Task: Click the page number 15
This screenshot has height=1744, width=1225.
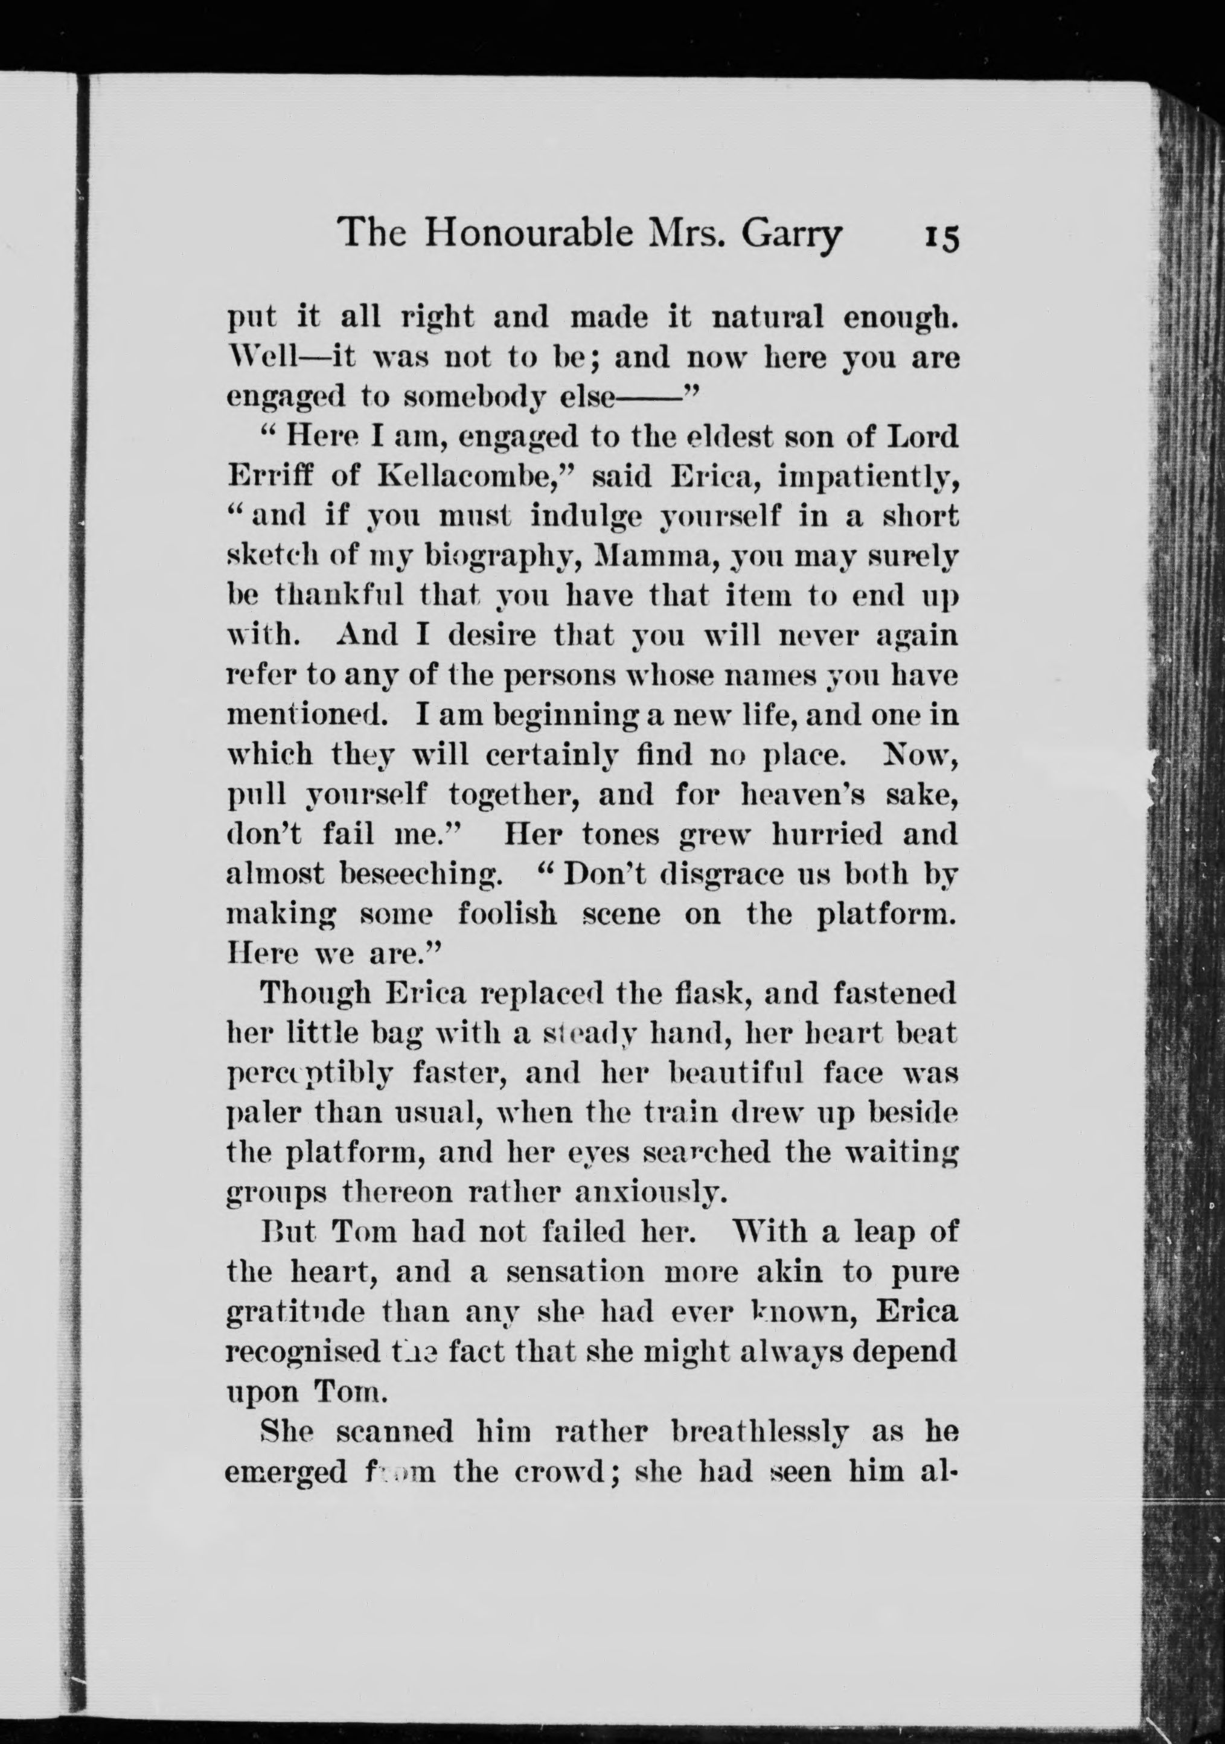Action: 942,235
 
